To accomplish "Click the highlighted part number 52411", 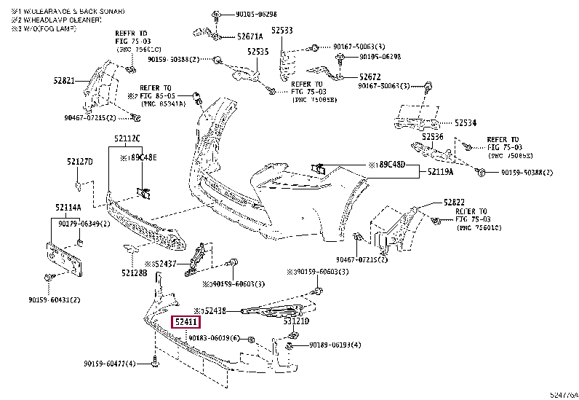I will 185,321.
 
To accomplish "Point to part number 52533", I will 282,31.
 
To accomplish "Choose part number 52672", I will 370,76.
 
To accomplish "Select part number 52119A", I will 440,172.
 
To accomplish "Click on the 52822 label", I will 455,202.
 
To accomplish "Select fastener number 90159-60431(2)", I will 55,299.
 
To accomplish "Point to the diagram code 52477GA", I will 564,394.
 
